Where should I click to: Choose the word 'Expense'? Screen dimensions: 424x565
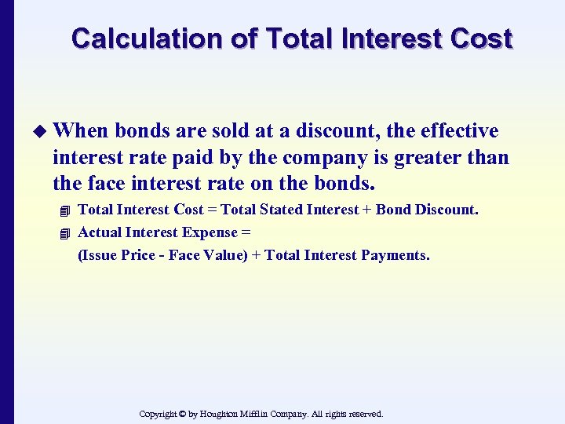point(210,232)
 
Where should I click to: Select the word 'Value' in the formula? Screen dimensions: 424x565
point(223,255)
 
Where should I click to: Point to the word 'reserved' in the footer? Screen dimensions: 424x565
point(363,414)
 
